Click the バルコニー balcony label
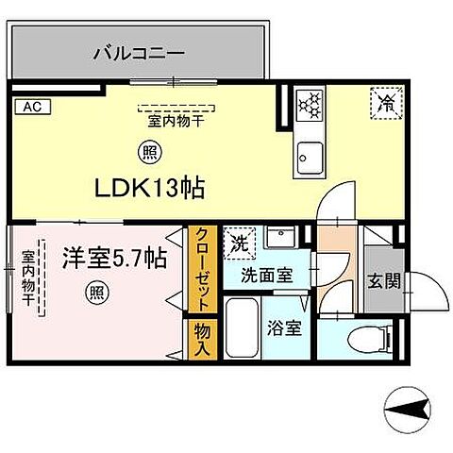click(138, 53)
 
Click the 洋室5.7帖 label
click(115, 256)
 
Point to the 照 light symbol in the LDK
click(149, 149)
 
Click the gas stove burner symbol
click(310, 104)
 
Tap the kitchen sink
click(309, 155)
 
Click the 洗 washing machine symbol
click(240, 242)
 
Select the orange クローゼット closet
click(200, 268)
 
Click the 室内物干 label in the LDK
click(177, 121)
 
